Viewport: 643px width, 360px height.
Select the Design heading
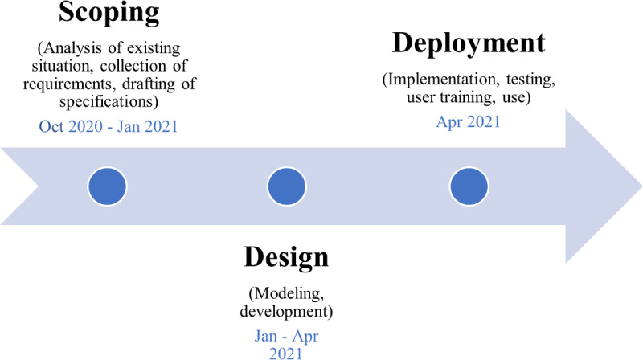[x=285, y=258]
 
